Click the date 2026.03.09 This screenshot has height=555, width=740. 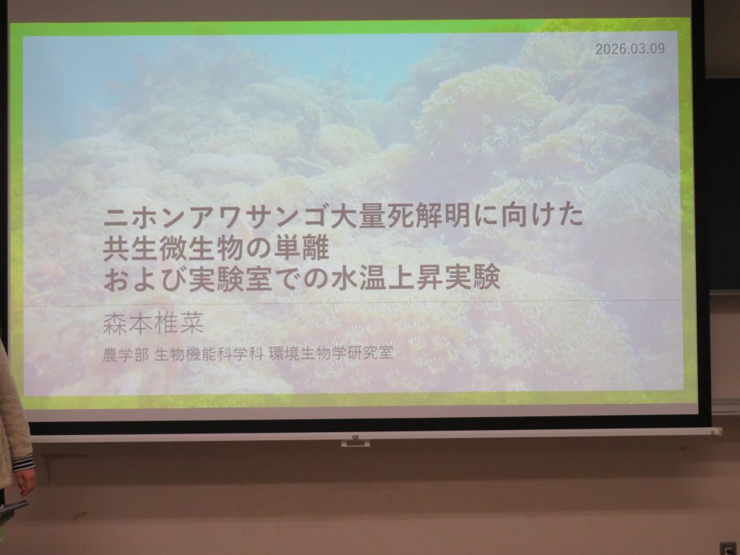tap(630, 48)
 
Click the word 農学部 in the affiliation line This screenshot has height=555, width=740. tap(126, 354)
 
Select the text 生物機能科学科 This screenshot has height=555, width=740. tap(209, 353)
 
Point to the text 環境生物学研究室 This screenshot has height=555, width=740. tap(331, 353)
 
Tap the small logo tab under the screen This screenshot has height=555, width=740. tap(356, 442)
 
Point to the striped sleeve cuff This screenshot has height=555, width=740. tap(22, 462)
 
